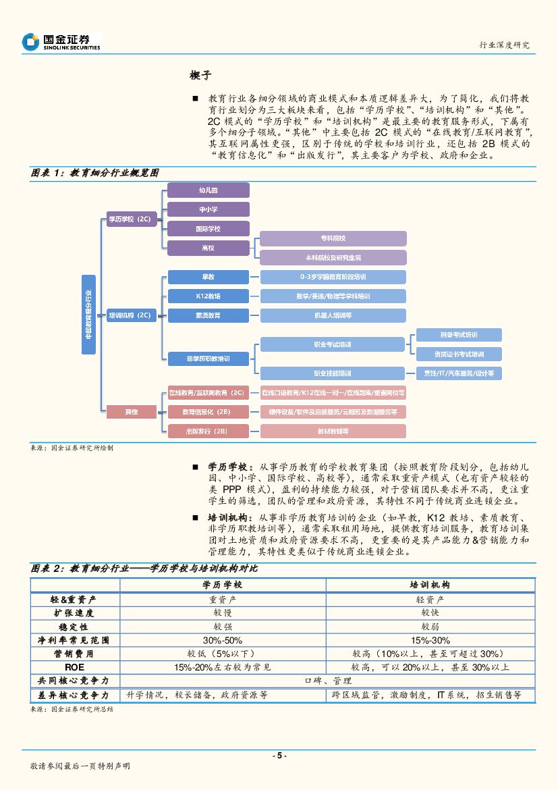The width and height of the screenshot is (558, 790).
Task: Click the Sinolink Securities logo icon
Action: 30,42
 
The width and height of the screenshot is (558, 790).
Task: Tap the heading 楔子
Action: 202,74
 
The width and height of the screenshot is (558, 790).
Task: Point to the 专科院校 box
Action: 333,238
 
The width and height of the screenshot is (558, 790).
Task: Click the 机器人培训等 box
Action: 333,315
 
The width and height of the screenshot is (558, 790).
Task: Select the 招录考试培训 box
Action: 458,335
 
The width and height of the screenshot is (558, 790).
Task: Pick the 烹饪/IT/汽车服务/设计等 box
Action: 458,373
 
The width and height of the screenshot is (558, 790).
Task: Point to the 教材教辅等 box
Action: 333,431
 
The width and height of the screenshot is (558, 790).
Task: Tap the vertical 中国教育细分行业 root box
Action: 89,314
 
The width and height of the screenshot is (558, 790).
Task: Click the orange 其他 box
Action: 130,411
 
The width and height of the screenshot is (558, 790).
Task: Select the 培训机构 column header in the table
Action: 430,585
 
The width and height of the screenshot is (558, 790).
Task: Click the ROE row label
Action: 74,666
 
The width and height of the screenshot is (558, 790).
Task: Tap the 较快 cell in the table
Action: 430,612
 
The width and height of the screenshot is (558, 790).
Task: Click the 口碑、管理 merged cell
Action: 327,681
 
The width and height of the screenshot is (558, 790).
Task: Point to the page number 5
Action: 279,756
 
